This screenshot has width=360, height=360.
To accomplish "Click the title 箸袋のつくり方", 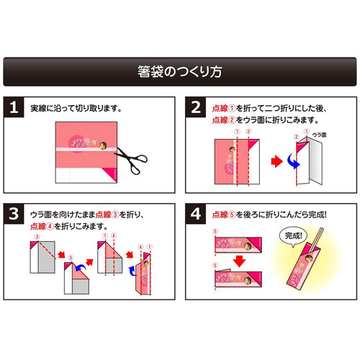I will [x=180, y=72].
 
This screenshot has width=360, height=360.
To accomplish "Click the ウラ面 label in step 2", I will [x=320, y=135].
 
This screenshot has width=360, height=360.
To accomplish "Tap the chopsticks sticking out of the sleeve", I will [x=318, y=241].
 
